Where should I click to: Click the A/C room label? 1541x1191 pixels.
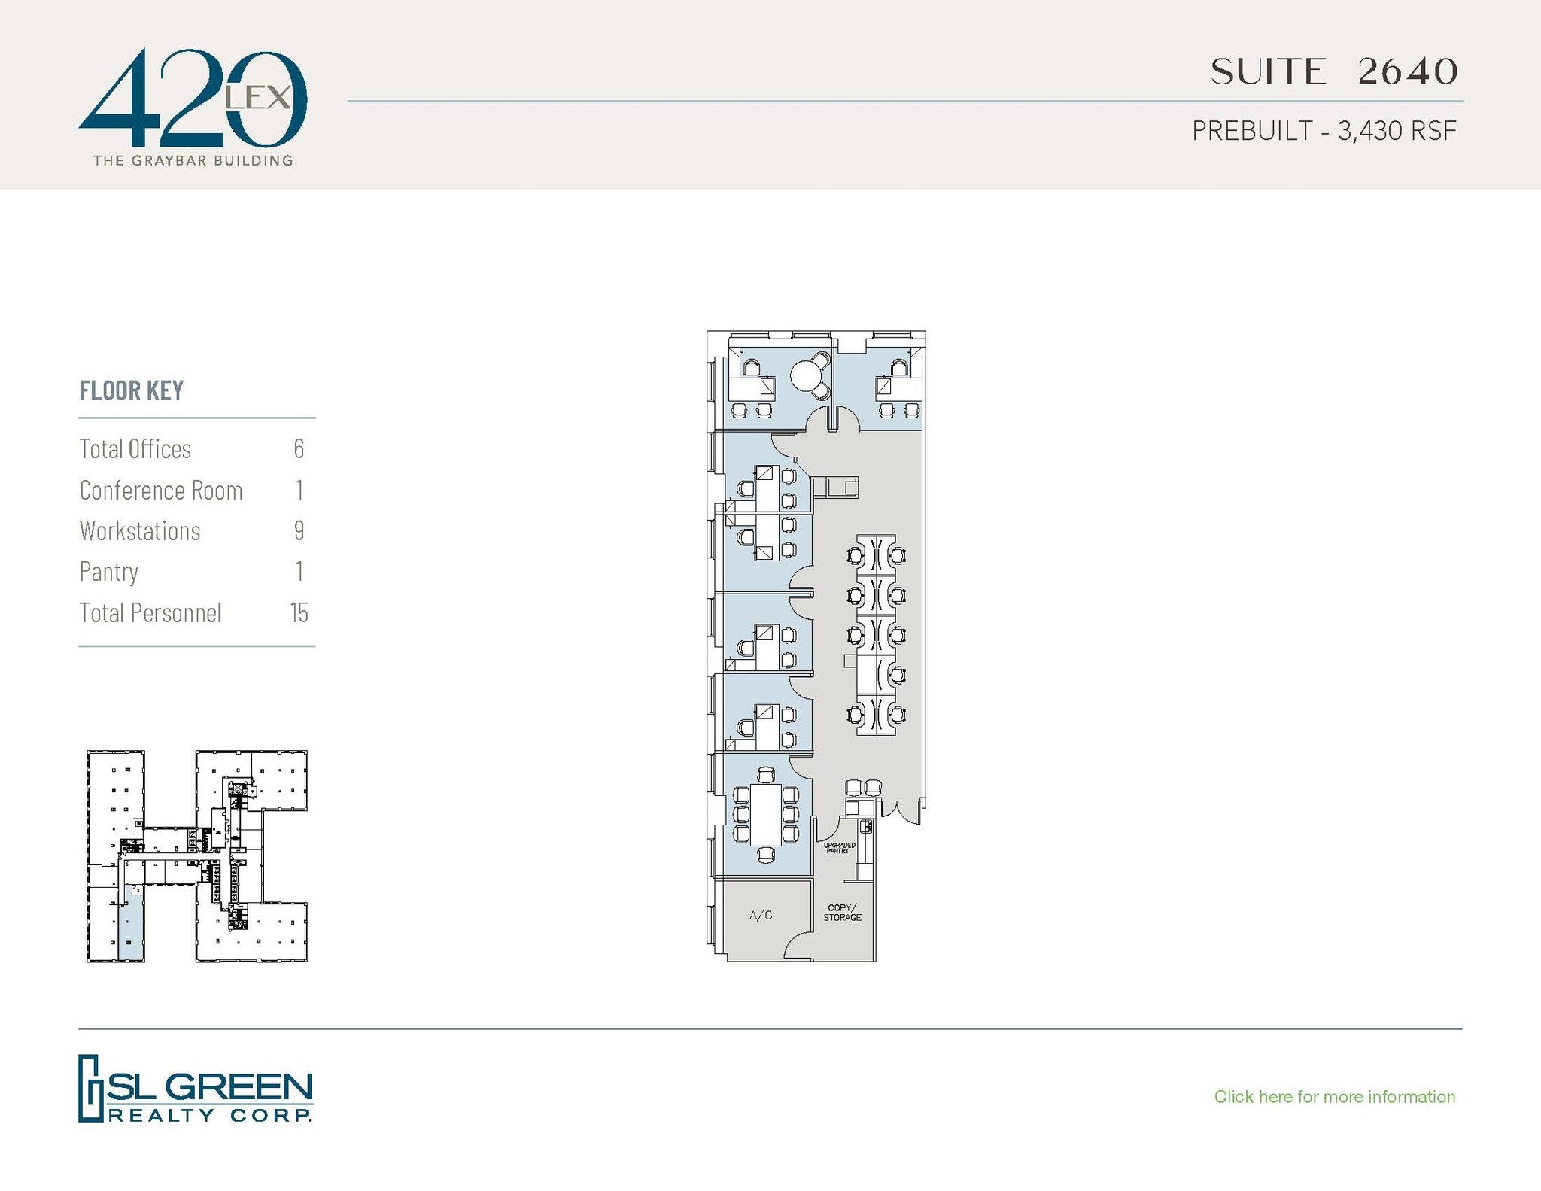click(761, 915)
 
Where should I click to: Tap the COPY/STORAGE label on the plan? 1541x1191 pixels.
click(842, 913)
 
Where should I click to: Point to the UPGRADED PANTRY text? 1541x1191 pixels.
click(839, 848)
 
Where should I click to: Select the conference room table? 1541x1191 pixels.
click(766, 814)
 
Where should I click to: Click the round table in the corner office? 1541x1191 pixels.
click(807, 374)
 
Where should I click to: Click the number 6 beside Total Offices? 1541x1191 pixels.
click(299, 449)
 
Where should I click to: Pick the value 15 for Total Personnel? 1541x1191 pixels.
click(299, 613)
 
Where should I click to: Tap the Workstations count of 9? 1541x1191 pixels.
click(299, 531)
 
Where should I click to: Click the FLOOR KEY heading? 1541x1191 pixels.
click(132, 390)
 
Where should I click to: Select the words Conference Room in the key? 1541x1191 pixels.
click(161, 491)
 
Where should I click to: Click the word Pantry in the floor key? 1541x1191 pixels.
click(109, 572)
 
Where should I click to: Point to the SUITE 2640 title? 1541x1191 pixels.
click(1333, 72)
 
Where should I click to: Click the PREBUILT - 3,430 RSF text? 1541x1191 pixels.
click(1324, 131)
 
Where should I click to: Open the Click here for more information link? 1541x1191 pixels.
click(1334, 1097)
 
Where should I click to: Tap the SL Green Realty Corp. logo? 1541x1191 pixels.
click(195, 1088)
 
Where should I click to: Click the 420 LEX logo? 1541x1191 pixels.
click(193, 98)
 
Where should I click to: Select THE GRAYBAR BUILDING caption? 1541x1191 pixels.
click(193, 160)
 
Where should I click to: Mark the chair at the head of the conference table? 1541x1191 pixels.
click(766, 775)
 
